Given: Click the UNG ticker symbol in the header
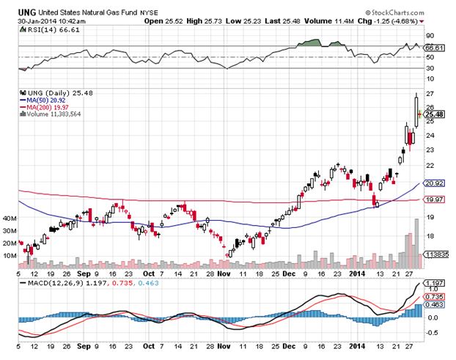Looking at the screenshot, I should [x=26, y=12].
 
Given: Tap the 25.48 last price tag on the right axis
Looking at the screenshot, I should [x=435, y=114].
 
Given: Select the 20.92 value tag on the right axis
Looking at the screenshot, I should [x=435, y=183].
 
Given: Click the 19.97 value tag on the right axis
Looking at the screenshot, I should [x=435, y=199].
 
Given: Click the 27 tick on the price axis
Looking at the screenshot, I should [x=429, y=94].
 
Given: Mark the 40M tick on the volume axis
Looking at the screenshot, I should [x=10, y=218].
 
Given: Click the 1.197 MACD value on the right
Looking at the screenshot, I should [x=435, y=282].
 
